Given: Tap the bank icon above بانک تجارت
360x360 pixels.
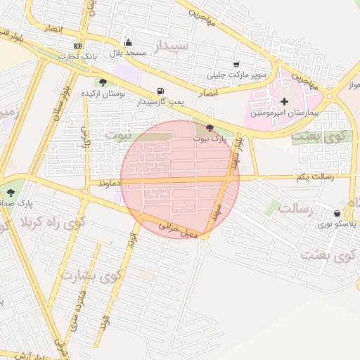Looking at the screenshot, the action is [77, 46].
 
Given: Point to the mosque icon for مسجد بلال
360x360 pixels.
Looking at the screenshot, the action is [128, 43].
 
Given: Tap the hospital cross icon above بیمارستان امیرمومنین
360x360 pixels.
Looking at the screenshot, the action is [284, 102].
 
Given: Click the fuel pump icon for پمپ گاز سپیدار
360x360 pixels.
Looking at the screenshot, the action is [161, 91].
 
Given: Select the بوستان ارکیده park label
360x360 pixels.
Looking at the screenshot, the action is [103, 93].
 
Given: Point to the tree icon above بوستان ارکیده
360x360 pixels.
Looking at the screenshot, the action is [103, 82].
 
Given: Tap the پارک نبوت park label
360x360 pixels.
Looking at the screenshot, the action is [210, 139].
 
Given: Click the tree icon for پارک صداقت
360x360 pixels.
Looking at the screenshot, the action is [10, 193].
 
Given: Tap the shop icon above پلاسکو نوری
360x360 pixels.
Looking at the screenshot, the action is [337, 213].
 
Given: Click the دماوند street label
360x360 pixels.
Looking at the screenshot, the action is [111, 183].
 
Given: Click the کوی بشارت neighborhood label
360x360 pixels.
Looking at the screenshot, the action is [91, 274].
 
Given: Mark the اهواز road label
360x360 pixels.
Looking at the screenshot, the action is [349, 85].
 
